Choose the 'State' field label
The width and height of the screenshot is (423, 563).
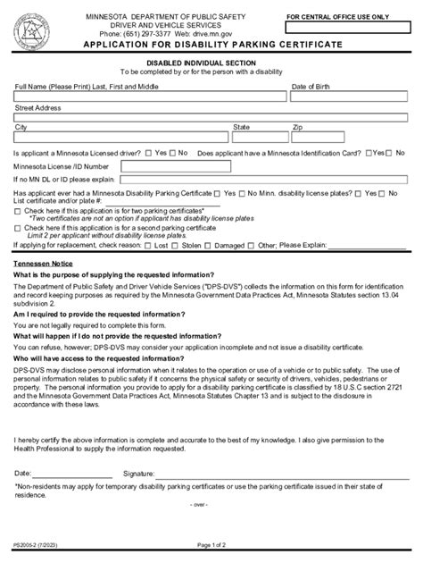[x=241, y=128]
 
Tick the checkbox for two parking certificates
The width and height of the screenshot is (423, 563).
[x=18, y=210]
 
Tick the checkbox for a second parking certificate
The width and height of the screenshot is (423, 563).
[x=18, y=228]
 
